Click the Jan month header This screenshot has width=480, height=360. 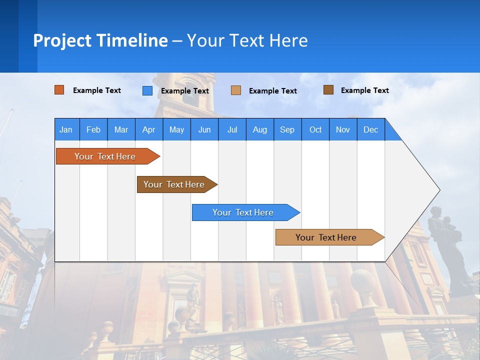point(66,129)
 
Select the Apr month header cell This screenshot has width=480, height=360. point(149,129)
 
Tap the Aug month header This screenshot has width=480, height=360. point(260,129)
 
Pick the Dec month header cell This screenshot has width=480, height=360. point(371,129)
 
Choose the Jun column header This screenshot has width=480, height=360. point(204,129)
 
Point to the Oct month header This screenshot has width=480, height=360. point(315,129)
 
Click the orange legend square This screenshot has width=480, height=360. point(59,90)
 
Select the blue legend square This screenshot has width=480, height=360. point(147,90)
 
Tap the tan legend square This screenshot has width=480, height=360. point(236,90)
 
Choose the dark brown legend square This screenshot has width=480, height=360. point(328,90)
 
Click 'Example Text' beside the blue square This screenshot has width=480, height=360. point(184,91)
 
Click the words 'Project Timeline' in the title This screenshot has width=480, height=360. point(100,40)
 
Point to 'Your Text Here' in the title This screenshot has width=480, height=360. point(247,40)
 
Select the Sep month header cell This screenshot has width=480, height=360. point(287,129)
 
